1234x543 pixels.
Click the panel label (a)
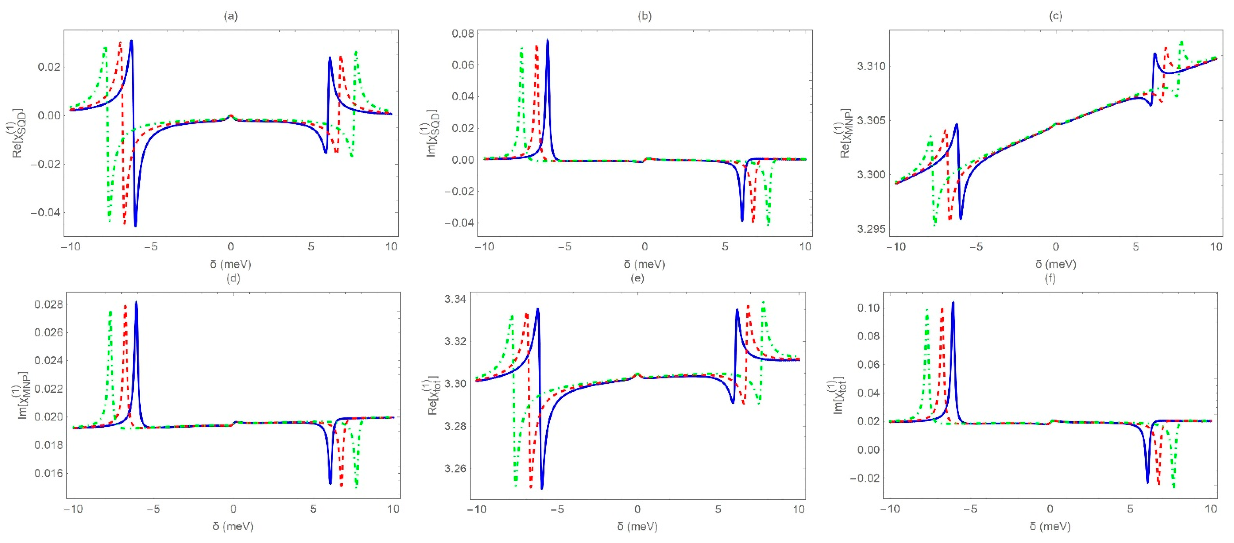click(231, 16)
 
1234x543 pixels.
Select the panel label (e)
click(637, 278)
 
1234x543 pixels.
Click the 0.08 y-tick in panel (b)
click(463, 34)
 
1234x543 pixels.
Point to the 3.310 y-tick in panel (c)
click(871, 66)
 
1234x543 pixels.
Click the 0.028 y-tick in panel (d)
click(48, 304)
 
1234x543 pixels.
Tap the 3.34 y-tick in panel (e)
click(455, 299)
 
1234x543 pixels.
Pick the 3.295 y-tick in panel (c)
click(871, 229)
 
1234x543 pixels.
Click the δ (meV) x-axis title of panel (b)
click(644, 264)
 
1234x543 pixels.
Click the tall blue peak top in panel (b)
click(548, 40)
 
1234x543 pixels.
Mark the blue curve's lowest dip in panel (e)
click(542, 488)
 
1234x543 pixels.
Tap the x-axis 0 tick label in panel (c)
click(1055, 247)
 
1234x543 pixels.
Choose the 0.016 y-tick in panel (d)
click(48, 473)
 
